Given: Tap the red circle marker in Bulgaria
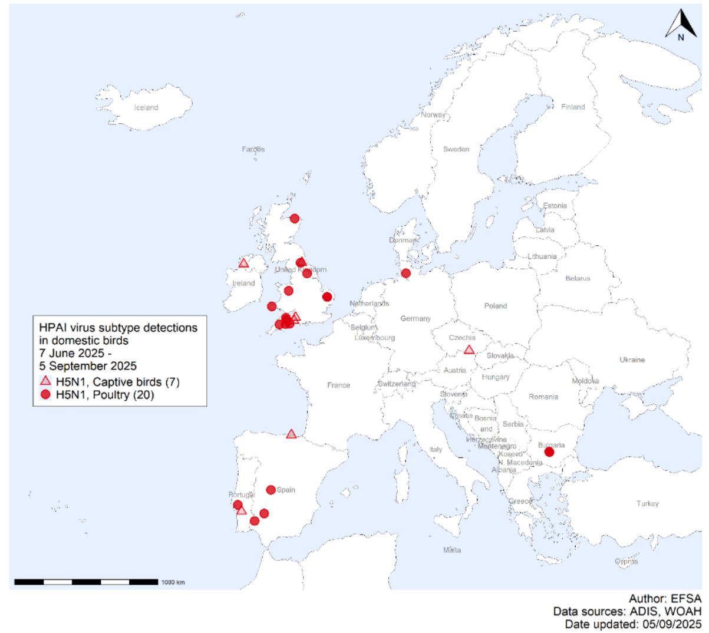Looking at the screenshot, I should (549, 452).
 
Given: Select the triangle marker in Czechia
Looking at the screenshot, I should (469, 350).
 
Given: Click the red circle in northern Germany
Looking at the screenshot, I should (405, 273).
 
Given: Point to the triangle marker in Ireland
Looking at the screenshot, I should (243, 263).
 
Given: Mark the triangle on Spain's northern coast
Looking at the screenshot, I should (291, 434).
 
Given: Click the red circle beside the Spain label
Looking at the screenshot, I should (271, 490).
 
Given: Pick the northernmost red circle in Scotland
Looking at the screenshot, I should (295, 218).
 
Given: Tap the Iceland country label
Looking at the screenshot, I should (146, 107).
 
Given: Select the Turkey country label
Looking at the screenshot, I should (647, 503).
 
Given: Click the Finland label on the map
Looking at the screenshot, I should (573, 107).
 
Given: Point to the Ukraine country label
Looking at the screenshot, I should (632, 360).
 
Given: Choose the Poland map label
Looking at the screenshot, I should (495, 306).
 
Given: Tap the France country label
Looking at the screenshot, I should (338, 385).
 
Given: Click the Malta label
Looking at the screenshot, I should (452, 550).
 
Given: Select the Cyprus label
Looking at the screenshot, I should (626, 561).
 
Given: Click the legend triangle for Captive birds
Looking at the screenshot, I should (45, 381).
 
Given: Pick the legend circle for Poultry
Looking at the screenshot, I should (45, 395).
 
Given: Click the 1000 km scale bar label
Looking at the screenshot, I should (173, 582).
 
